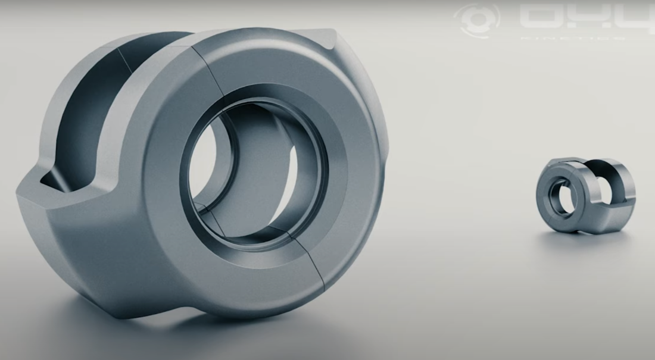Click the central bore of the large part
tap(256, 173)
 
